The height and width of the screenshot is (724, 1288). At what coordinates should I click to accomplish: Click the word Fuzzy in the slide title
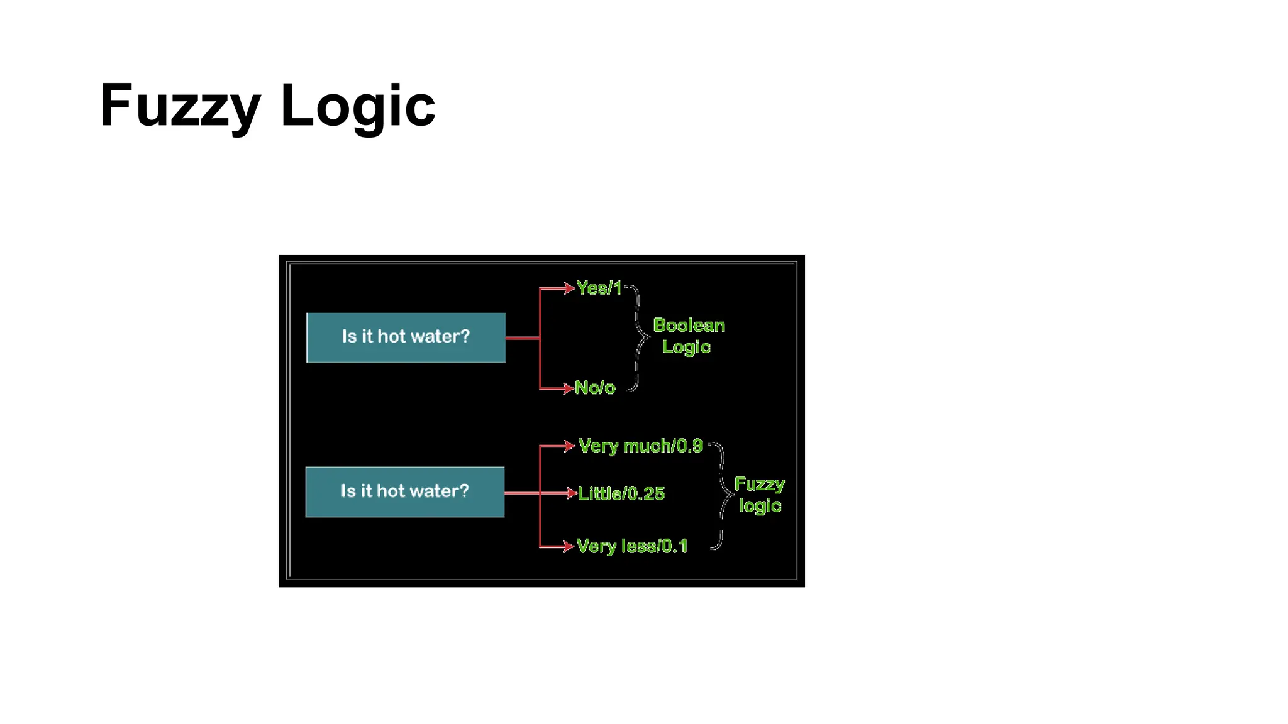(x=179, y=106)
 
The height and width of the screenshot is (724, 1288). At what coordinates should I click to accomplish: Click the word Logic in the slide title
(x=357, y=106)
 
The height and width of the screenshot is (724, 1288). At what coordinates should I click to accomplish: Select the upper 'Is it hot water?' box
(x=406, y=337)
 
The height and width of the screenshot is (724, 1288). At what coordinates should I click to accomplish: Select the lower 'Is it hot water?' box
(x=404, y=491)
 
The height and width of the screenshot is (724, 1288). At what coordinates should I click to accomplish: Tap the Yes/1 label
(x=599, y=288)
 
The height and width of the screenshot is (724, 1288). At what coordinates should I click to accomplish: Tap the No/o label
(x=594, y=388)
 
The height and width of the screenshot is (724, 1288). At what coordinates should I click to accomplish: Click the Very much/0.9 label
(x=640, y=446)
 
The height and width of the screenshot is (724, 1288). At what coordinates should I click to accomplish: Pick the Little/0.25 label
(x=621, y=493)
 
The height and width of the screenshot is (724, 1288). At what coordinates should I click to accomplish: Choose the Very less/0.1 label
(x=631, y=546)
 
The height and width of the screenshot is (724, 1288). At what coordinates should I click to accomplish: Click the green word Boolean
(x=689, y=325)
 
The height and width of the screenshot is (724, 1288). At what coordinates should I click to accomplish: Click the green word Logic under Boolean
(x=686, y=347)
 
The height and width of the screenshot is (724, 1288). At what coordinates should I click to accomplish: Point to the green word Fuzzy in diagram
(x=759, y=484)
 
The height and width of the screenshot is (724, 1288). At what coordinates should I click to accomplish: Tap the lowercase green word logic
(x=760, y=505)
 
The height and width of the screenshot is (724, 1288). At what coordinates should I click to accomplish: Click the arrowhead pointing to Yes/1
(x=569, y=288)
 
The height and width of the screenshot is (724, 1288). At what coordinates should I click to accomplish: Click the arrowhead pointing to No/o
(x=568, y=388)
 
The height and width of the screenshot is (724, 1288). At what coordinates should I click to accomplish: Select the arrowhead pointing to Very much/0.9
(x=570, y=446)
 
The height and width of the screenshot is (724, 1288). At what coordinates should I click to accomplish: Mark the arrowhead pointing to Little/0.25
(x=571, y=493)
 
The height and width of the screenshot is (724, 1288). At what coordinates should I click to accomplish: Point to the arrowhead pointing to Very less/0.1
(x=569, y=546)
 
